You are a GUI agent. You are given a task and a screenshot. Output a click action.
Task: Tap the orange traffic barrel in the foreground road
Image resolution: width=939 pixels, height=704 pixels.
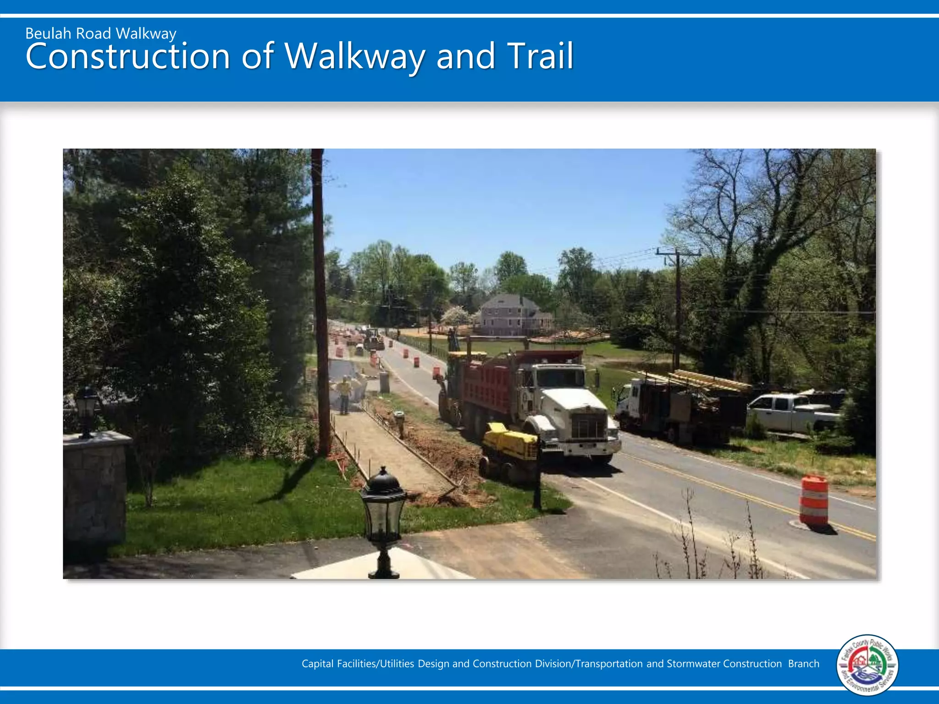[x=814, y=500]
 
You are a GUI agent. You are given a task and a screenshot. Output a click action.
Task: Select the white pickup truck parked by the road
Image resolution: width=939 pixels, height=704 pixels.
[x=793, y=412]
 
